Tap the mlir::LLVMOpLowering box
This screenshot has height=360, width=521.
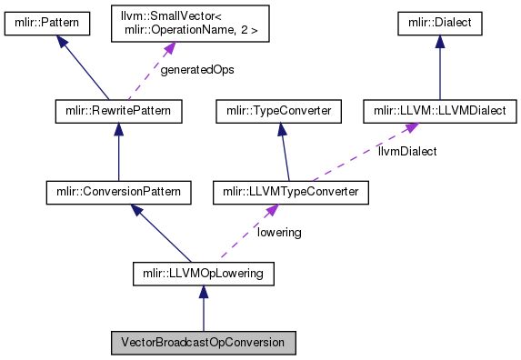[203, 272]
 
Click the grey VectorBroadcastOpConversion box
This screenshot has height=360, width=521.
[203, 345]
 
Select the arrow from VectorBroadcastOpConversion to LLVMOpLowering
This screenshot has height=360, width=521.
[203, 309]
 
